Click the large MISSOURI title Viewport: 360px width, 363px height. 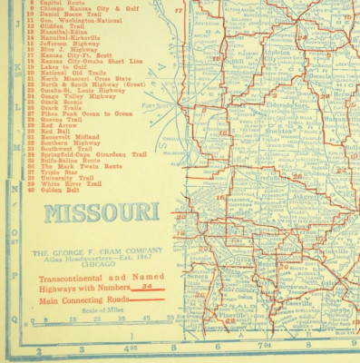[x=100, y=216]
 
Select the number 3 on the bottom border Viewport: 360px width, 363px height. [x=82, y=348]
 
